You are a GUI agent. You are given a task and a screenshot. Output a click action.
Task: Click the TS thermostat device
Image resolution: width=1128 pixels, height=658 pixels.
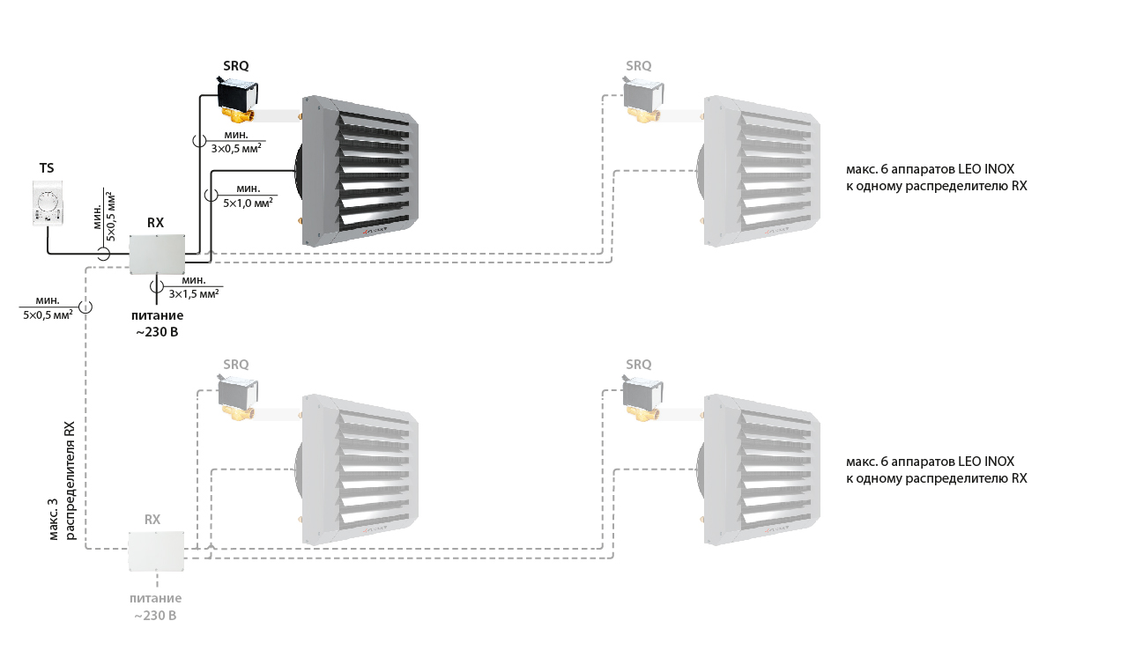[x=48, y=203]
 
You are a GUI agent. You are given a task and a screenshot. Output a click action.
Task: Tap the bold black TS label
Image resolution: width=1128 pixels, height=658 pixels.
[x=47, y=168]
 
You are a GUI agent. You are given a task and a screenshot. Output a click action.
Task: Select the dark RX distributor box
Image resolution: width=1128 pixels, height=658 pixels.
[x=157, y=255]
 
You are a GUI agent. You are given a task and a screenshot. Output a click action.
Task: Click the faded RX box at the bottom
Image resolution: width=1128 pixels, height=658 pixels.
[x=156, y=551]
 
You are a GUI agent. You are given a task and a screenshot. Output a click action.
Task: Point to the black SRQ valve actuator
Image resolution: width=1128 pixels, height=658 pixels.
[x=237, y=94]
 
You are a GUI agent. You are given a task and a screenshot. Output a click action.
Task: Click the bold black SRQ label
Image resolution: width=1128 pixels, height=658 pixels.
[x=235, y=66]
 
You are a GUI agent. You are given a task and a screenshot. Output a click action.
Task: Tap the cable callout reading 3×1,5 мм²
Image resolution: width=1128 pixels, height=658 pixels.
[x=194, y=294]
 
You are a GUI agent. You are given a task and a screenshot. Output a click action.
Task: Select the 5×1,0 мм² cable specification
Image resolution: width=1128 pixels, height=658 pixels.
[x=249, y=203]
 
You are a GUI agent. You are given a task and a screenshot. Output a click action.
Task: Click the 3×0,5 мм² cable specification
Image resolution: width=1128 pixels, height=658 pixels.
[x=236, y=149]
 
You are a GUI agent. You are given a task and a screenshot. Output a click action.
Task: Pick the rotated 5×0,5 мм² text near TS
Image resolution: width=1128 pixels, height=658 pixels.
[x=111, y=217]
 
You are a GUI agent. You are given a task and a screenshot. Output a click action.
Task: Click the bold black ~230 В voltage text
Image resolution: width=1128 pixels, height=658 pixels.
[x=157, y=332]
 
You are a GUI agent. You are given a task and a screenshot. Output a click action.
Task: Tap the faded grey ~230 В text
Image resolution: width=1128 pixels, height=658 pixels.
[x=155, y=616]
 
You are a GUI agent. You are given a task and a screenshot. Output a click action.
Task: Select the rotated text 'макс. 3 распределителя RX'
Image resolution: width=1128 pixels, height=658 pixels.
[x=62, y=481]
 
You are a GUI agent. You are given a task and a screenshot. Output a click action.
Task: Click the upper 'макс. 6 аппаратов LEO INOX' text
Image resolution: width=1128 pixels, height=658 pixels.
[x=928, y=169]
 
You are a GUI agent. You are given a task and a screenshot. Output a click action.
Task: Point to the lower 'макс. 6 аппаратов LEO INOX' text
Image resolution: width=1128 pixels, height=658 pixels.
[x=928, y=462]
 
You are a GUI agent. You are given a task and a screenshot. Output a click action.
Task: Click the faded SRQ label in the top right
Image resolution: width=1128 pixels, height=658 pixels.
[x=639, y=66]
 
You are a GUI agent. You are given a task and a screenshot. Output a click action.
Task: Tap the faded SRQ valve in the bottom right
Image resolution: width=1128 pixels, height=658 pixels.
[x=642, y=398]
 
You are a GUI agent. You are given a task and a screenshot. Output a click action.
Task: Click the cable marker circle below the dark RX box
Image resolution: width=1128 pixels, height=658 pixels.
[x=157, y=286]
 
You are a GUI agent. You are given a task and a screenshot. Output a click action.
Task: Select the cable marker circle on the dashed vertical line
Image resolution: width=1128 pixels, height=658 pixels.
[x=85, y=307]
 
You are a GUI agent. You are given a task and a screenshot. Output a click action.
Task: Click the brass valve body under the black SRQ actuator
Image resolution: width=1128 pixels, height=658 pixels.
[x=240, y=115]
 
